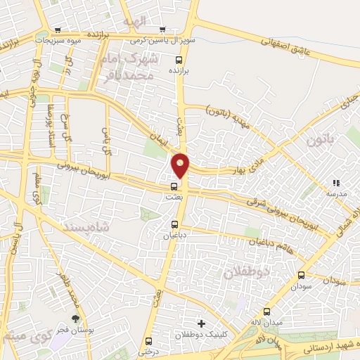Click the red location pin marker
click(x=181, y=165)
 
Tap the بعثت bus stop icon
click(x=174, y=187)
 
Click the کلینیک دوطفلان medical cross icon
click(x=202, y=323)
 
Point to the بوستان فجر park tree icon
click(x=76, y=318)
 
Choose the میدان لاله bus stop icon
click(x=266, y=311)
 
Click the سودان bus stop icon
click(x=302, y=276)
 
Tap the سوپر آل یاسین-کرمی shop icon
click(x=162, y=30)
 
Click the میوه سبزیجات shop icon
click(x=58, y=30)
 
